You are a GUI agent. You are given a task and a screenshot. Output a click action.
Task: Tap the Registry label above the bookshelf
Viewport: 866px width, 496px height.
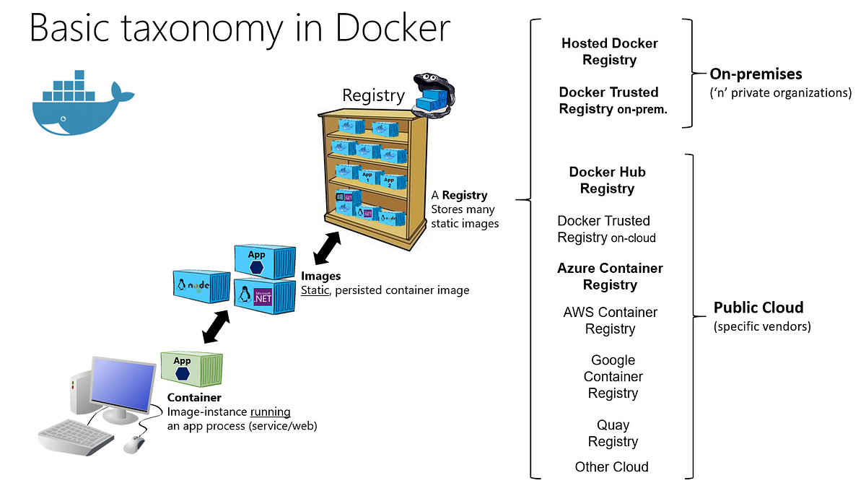click(373, 95)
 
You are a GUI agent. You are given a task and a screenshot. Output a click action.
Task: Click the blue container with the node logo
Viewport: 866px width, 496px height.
click(201, 285)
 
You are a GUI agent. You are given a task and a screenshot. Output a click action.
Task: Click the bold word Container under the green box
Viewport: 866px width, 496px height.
click(194, 398)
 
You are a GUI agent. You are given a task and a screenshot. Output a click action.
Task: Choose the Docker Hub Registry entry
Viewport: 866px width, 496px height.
click(607, 180)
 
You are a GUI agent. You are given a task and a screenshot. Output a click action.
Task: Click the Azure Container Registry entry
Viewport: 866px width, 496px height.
click(610, 277)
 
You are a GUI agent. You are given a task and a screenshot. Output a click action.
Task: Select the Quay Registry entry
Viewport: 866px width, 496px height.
click(613, 433)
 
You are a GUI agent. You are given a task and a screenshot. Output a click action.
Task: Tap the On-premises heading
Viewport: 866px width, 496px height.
click(756, 74)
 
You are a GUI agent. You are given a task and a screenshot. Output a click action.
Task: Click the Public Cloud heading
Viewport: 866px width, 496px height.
click(758, 308)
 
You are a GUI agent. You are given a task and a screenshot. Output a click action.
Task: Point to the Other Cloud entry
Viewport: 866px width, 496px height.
click(611, 467)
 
